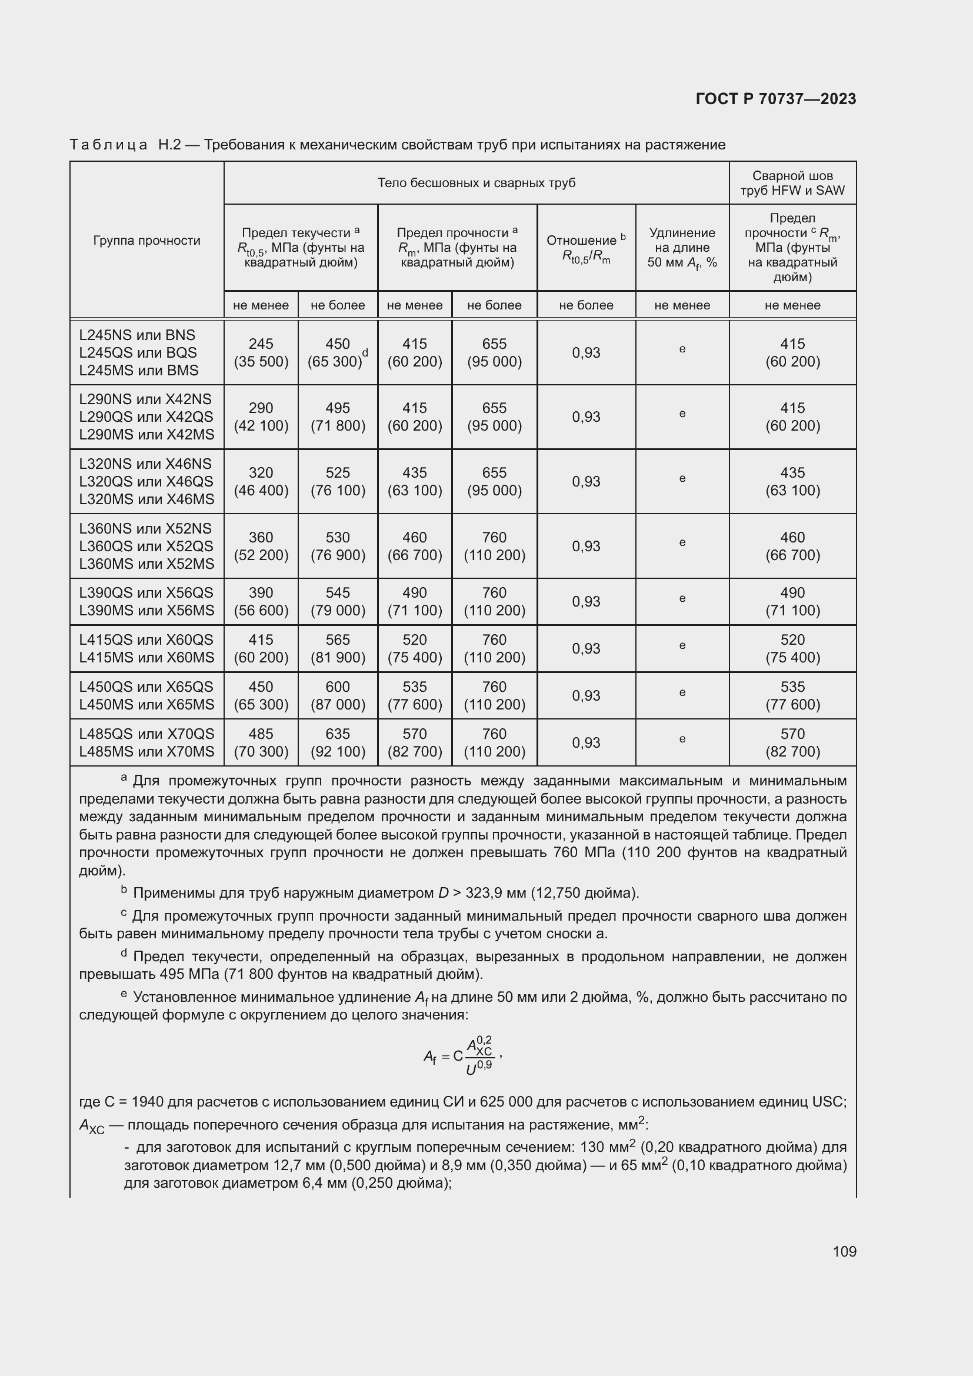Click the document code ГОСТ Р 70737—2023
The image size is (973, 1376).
tap(775, 99)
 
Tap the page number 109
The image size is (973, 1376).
tap(844, 1251)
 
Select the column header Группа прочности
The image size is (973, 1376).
tap(147, 241)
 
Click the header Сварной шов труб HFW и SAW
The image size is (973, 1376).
tap(792, 183)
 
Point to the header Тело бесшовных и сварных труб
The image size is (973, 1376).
tap(476, 183)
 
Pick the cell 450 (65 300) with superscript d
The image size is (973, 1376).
tap(337, 352)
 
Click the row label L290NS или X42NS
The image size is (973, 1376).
tap(145, 399)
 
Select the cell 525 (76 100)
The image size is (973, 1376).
tap(337, 481)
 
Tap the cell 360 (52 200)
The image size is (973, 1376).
tap(261, 546)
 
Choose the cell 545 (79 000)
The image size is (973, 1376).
tap(337, 601)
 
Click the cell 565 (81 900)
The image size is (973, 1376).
tap(337, 648)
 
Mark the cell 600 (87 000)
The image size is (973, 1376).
tap(337, 695)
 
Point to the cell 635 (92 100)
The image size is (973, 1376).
tap(337, 742)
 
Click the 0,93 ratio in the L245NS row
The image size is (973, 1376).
tap(586, 352)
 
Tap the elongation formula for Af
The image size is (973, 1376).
tap(462, 1056)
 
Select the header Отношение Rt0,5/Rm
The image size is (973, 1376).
tap(586, 248)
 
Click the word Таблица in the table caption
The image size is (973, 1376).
tap(108, 145)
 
